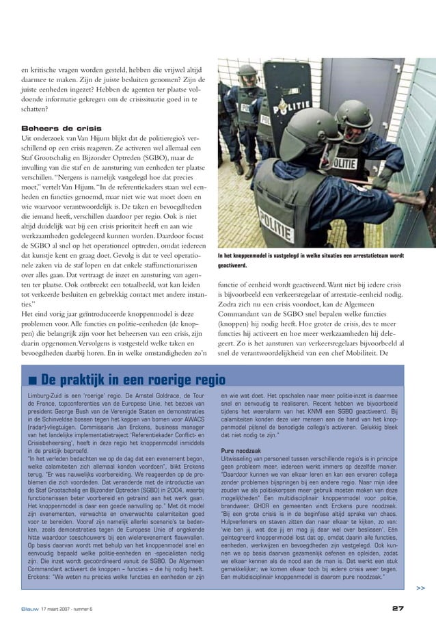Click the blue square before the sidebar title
point(32,380)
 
